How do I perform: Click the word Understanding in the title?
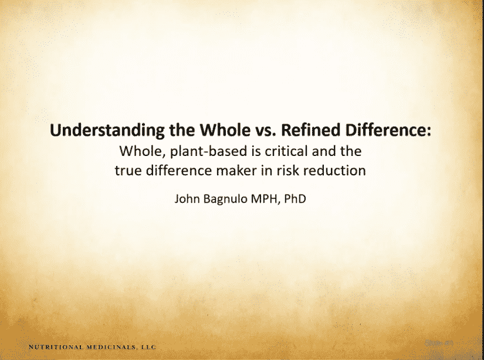point(107,131)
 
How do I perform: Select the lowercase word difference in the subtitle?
point(179,170)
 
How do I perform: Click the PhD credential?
point(295,199)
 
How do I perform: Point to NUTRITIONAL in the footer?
point(56,347)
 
